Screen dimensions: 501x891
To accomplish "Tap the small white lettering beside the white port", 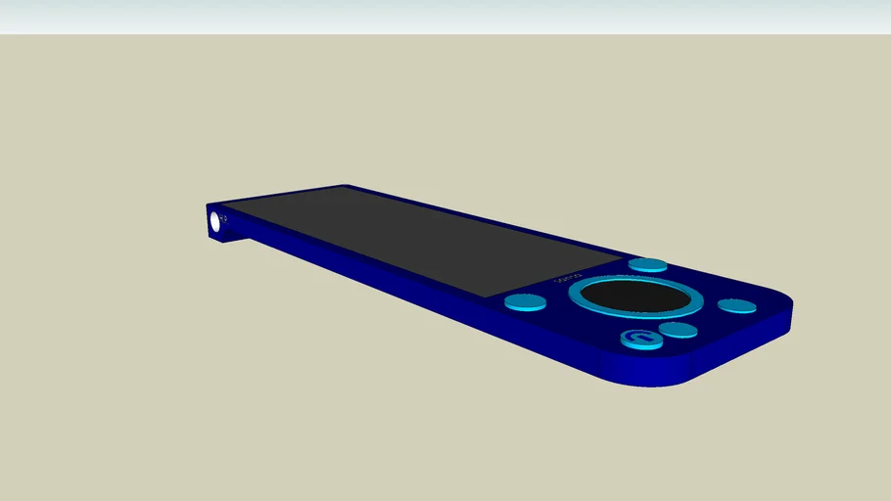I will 224,216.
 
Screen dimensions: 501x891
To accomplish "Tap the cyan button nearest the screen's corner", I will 647,264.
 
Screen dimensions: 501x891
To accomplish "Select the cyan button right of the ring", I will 736,306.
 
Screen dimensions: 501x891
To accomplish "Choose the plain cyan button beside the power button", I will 678,330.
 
